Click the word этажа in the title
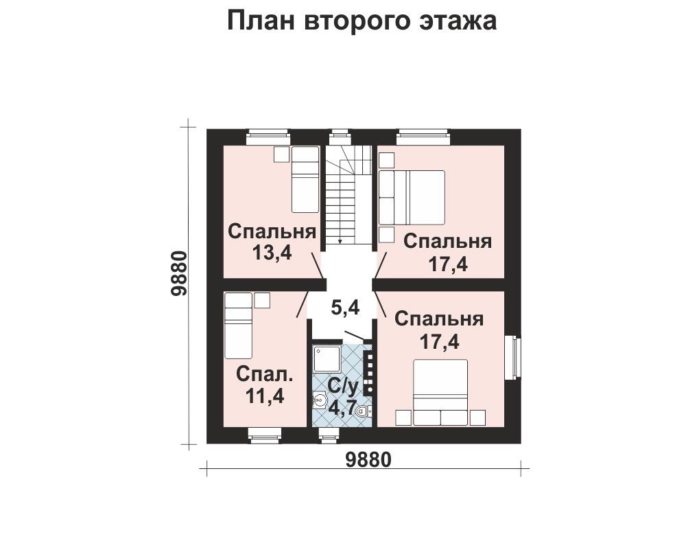458,21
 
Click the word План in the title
261,21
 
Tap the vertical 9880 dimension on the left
179,274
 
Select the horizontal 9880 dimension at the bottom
368,460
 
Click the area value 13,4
272,253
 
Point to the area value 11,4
265,396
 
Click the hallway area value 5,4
345,308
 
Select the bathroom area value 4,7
343,408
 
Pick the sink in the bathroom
320,400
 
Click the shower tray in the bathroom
326,358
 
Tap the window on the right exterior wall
513,358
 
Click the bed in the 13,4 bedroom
305,179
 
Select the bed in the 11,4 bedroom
239,325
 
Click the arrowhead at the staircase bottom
340,241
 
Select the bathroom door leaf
354,335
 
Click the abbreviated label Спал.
265,375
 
